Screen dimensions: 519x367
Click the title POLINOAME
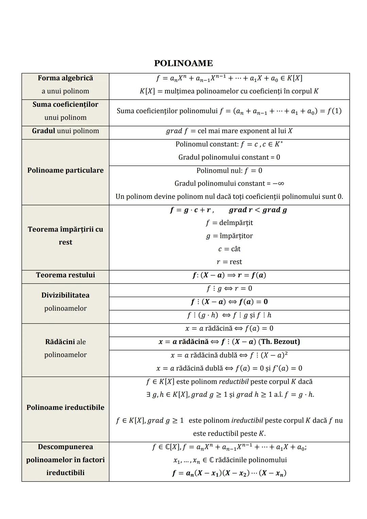pyautogui.click(x=183, y=63)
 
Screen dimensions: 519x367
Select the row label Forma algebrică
pyautogui.click(x=65, y=78)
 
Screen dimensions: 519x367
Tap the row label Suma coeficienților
pyautogui.click(x=65, y=105)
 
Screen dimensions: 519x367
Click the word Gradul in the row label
pyautogui.click(x=43, y=131)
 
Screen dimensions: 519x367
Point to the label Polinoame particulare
pyautogui.click(x=65, y=170)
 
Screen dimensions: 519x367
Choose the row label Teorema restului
pyautogui.click(x=65, y=275)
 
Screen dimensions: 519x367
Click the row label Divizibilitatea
pyautogui.click(x=65, y=295)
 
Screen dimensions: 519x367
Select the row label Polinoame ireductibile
pyautogui.click(x=65, y=407)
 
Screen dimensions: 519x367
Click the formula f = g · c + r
pyautogui.click(x=192, y=210)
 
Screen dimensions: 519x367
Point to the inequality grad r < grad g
pyautogui.click(x=258, y=210)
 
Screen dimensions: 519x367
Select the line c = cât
pyautogui.click(x=229, y=249)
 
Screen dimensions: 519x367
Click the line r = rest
pyautogui.click(x=229, y=262)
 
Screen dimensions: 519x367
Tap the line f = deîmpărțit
pyautogui.click(x=229, y=223)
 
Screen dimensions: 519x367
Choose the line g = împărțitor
pyautogui.click(x=229, y=236)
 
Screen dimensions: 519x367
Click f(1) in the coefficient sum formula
pyautogui.click(x=334, y=111)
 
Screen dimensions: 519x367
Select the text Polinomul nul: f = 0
pyautogui.click(x=229, y=171)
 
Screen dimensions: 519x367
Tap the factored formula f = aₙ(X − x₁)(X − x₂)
pyautogui.click(x=229, y=473)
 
